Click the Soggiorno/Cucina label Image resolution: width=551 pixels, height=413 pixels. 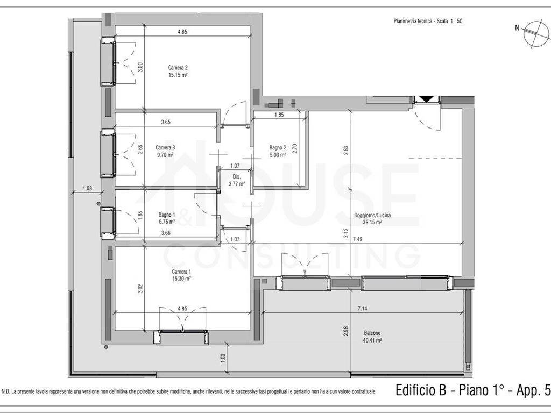tap(372, 215)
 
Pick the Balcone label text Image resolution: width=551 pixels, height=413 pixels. tap(372, 333)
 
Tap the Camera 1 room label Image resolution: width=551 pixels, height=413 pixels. tap(181, 272)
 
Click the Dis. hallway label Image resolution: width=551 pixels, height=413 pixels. tap(237, 176)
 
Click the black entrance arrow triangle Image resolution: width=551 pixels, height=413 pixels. tap(426, 99)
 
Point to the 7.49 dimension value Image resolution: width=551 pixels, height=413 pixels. tap(358, 239)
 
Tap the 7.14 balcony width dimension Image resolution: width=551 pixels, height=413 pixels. tap(362, 308)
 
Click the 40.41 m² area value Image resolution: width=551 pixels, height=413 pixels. tap(372, 340)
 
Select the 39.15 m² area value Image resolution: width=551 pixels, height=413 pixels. tap(372, 222)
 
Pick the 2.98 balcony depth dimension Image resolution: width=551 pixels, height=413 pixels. tap(346, 331)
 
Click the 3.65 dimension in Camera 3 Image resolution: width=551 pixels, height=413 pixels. tap(166, 122)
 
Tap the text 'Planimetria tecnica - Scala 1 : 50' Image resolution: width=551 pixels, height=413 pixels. tap(428, 21)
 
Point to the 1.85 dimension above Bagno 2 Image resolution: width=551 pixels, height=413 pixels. tap(279, 115)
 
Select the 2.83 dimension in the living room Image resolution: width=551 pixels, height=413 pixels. tap(346, 151)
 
